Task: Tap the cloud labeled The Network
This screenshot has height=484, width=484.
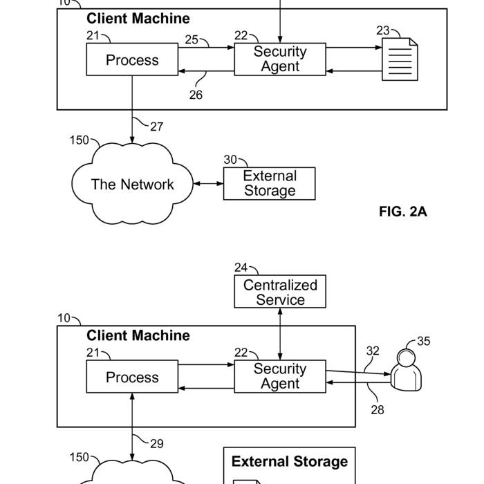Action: pyautogui.click(x=132, y=185)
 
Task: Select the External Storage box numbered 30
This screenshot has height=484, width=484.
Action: pyautogui.click(x=269, y=184)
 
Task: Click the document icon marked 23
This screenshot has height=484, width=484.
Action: pyautogui.click(x=400, y=61)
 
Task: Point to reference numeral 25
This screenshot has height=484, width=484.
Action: pyautogui.click(x=192, y=39)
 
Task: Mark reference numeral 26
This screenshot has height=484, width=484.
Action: pyautogui.click(x=196, y=95)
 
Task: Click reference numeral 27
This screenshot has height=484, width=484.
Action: pyautogui.click(x=157, y=127)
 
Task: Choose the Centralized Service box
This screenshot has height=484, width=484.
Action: pyautogui.click(x=280, y=292)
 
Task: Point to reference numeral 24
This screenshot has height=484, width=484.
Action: pyautogui.click(x=241, y=268)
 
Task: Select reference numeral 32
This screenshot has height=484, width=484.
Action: pyautogui.click(x=373, y=351)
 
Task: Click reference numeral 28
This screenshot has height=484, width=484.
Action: pyautogui.click(x=377, y=409)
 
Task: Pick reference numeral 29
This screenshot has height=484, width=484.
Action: pyautogui.click(x=157, y=443)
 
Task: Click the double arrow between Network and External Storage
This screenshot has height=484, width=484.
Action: pyautogui.click(x=207, y=184)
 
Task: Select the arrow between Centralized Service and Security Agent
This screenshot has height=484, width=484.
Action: pyautogui.click(x=280, y=334)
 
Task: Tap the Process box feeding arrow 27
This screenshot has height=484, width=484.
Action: pyautogui.click(x=132, y=60)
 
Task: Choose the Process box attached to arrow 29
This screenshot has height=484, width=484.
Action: pyautogui.click(x=132, y=378)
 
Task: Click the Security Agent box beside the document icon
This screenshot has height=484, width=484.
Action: pyautogui.click(x=280, y=59)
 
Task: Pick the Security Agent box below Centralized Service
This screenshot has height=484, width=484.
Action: pyautogui.click(x=280, y=377)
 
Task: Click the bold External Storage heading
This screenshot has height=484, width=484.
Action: pyautogui.click(x=289, y=462)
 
